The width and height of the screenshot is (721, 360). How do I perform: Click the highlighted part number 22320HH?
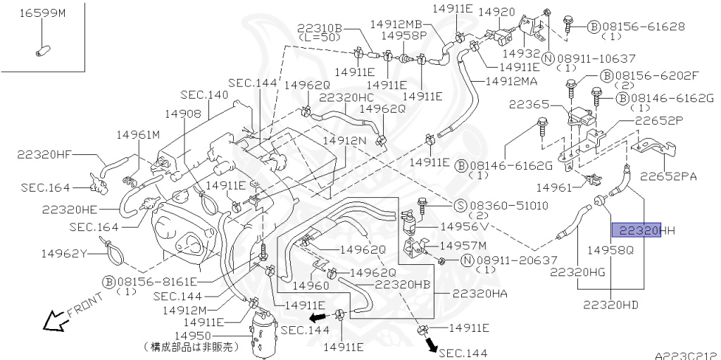636,230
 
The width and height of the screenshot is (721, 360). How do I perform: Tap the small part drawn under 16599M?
42,50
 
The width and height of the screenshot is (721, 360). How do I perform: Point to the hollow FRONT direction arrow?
54,321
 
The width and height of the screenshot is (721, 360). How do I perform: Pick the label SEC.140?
203,94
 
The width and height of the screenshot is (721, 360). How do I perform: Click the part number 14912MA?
511,82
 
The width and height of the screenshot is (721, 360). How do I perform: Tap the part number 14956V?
465,227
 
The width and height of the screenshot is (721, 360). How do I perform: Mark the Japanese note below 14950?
192,347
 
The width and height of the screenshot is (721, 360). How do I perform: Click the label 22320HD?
610,304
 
